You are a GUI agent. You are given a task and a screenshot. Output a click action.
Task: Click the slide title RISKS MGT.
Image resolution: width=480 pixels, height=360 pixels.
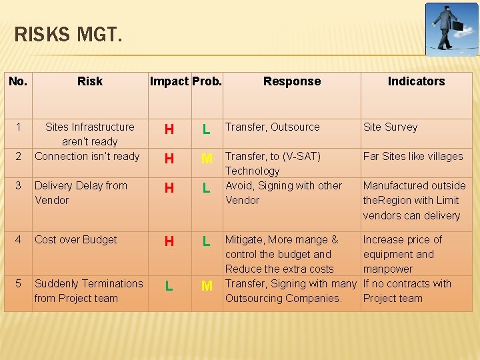[x=68, y=34]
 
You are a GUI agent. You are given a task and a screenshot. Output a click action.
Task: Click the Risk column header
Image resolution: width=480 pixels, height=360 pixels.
[x=89, y=81]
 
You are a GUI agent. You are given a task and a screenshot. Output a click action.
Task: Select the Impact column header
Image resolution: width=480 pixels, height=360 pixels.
[x=169, y=81]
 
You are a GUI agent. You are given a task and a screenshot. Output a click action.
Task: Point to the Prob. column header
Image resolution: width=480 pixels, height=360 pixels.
[x=207, y=81]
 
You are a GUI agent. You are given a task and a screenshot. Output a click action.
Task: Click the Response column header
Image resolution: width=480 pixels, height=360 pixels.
[x=291, y=81]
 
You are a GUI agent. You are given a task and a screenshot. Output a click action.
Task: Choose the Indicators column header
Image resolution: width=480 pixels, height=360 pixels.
[x=416, y=81]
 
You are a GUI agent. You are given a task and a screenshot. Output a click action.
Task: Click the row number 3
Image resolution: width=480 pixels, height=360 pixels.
[x=19, y=185]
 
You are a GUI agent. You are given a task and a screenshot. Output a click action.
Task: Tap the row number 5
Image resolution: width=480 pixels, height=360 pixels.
[x=19, y=283]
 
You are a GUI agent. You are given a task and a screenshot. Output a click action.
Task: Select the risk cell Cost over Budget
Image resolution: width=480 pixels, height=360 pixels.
[x=76, y=239]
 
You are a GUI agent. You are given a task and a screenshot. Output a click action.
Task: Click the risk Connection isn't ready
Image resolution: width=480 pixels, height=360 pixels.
[x=87, y=156]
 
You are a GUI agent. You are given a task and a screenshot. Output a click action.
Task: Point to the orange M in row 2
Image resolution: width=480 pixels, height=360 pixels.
[x=207, y=159]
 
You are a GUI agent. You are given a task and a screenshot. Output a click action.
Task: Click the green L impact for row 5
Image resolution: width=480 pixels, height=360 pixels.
[x=169, y=286]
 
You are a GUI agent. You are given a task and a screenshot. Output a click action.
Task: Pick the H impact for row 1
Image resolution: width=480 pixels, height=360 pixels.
[x=169, y=129]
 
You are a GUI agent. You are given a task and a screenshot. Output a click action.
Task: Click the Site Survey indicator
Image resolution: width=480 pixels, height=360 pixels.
[x=390, y=127]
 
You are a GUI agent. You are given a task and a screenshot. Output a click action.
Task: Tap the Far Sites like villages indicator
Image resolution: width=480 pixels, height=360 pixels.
[x=413, y=156]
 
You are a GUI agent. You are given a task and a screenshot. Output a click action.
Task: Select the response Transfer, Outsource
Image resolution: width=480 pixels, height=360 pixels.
[x=273, y=127]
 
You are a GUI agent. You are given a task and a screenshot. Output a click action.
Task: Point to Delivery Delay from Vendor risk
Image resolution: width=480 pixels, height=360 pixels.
[x=81, y=193]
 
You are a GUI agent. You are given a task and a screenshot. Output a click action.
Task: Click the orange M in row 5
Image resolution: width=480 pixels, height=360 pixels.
[x=207, y=286]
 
